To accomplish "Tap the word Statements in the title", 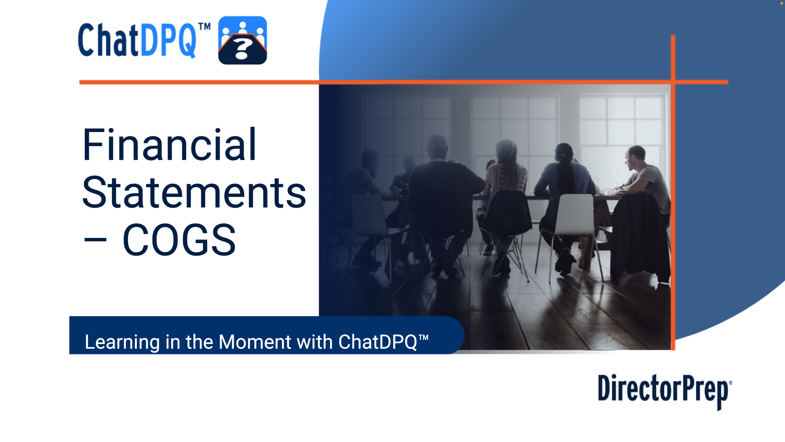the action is [194, 192].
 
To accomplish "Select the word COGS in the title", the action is [179, 240].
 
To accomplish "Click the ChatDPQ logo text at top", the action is [137, 40].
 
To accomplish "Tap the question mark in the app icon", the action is [242, 49].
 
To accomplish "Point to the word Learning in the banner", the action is [122, 342].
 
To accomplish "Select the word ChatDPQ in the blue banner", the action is [378, 342].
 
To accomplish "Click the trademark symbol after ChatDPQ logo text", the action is [204, 27].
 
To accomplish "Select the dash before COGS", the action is [95, 240].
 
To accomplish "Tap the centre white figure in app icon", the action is [243, 28].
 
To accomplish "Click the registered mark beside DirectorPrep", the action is [731, 382].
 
